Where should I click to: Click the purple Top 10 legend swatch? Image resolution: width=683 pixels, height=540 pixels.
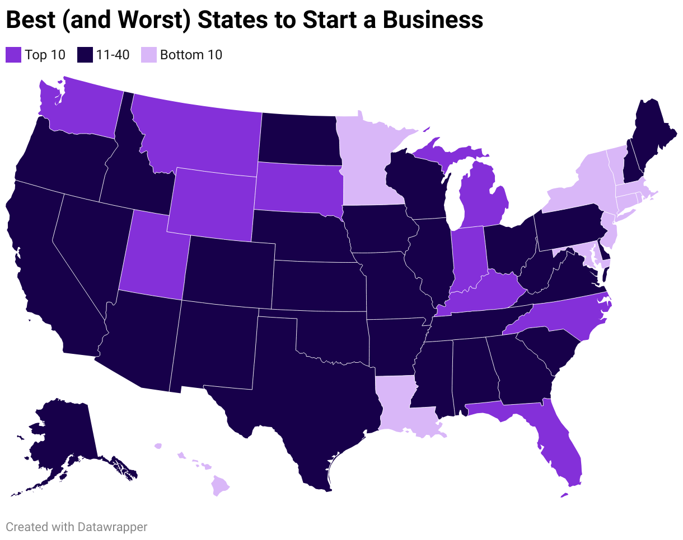[13, 55]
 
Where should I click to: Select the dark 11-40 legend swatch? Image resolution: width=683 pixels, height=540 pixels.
[85, 55]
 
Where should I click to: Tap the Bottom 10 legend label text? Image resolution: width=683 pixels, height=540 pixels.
[191, 55]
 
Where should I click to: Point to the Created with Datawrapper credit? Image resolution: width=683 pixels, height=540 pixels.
[77, 527]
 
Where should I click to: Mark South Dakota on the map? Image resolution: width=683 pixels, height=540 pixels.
[297, 187]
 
